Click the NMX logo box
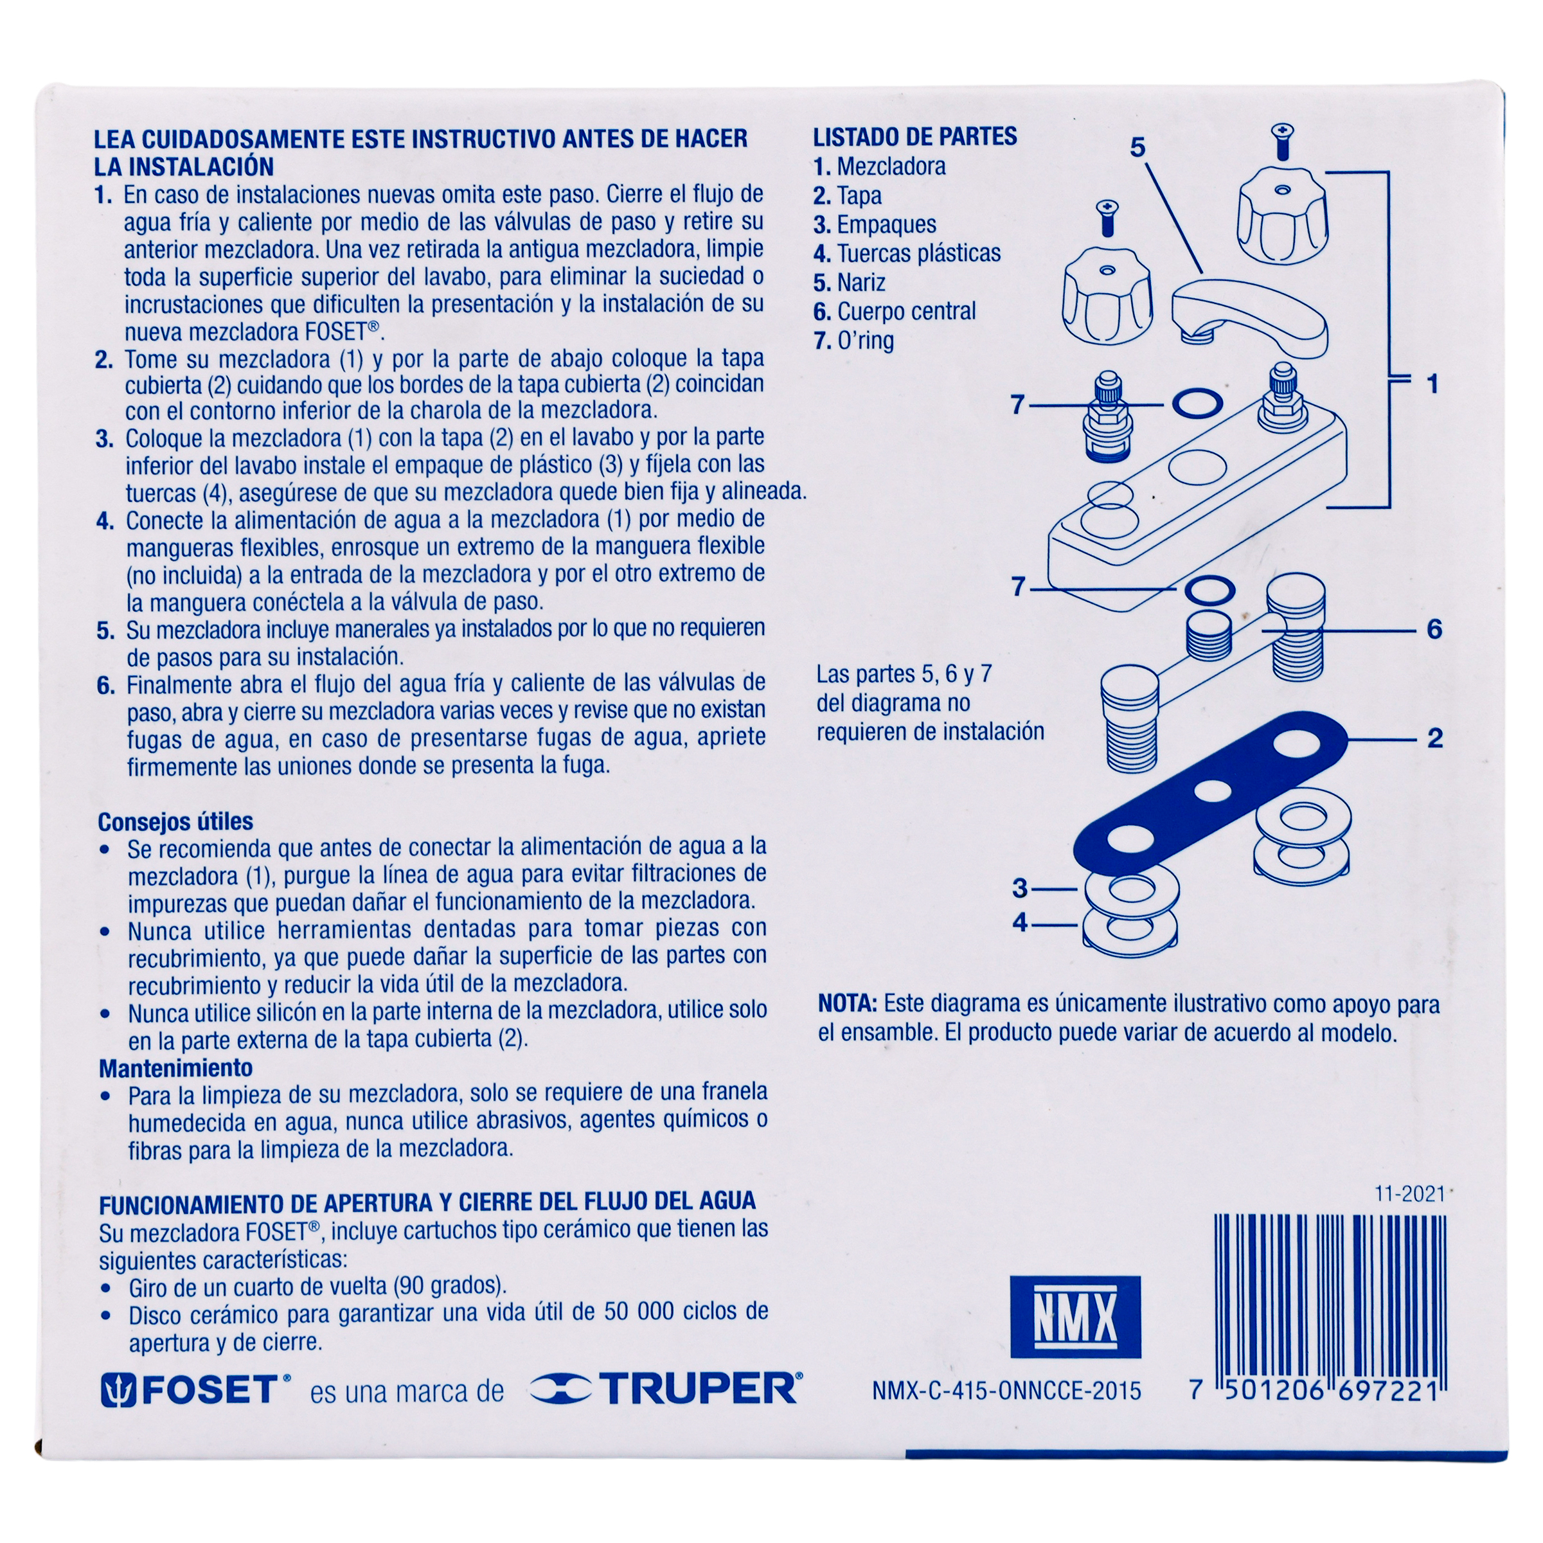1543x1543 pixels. point(1075,1317)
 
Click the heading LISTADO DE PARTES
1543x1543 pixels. point(915,137)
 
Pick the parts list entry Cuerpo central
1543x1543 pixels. point(895,312)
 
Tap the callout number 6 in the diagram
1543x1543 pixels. point(1434,629)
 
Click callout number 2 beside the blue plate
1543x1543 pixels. point(1434,738)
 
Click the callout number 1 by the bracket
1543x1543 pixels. point(1433,384)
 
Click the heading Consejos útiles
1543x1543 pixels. point(175,822)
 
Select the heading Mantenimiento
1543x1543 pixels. point(175,1068)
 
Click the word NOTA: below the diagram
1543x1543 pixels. point(848,1004)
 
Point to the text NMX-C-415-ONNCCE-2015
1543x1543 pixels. point(1006,1391)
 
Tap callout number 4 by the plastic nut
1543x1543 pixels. point(1019,922)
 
